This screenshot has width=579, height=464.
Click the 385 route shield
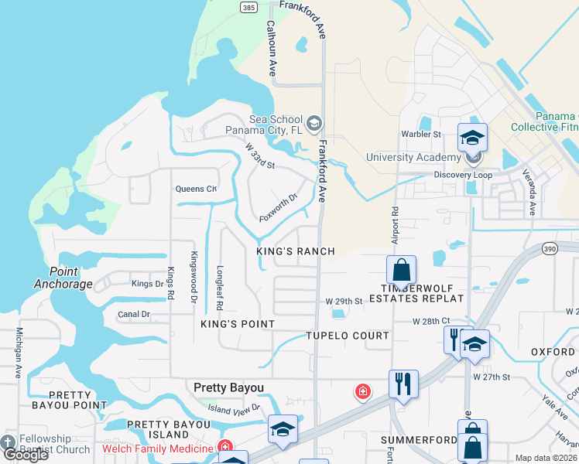coord(248,8)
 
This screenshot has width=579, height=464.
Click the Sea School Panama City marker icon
coord(314,124)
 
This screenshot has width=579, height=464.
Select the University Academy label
coord(413,157)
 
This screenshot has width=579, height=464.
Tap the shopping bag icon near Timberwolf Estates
coord(401,271)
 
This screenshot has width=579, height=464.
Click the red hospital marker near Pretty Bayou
coord(361,392)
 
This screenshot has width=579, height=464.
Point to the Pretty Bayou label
coord(228,387)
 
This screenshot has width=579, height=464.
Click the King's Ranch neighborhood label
coord(296,251)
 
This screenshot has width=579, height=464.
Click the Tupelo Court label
coord(348,336)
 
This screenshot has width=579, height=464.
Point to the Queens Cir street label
coord(196,189)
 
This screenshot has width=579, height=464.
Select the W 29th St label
coord(344,301)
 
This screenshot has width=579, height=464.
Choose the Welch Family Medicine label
coord(158,449)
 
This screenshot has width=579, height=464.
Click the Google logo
coord(26,455)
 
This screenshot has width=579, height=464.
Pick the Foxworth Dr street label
coord(279,206)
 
